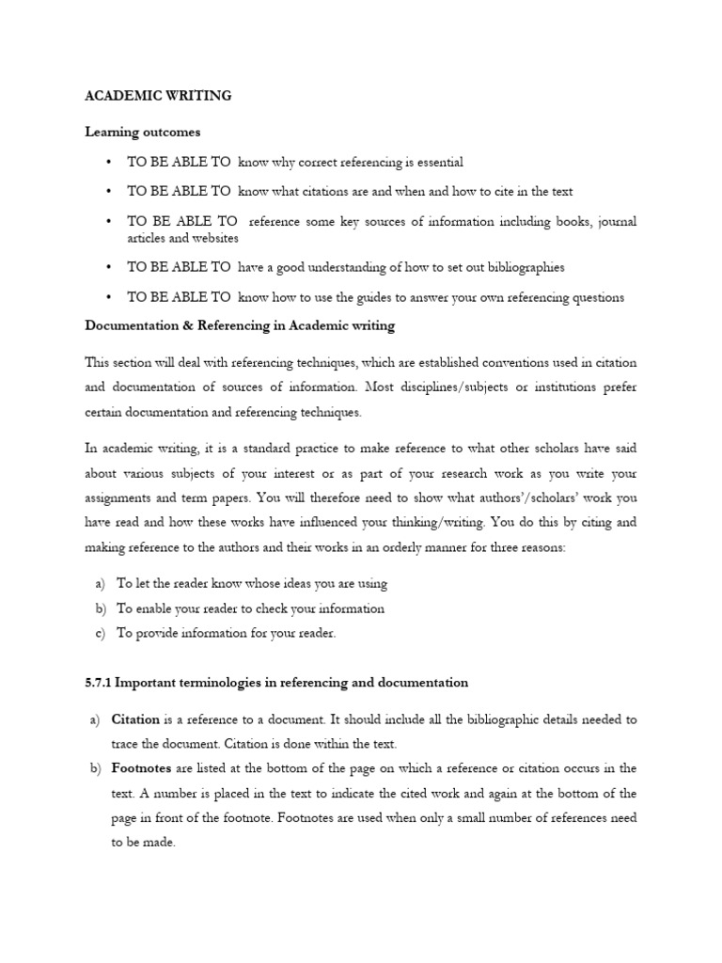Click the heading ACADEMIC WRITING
[x=158, y=96]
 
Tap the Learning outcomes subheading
[x=143, y=133]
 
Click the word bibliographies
[x=520, y=268]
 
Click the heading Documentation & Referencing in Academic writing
[x=240, y=326]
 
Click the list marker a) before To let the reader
[x=101, y=584]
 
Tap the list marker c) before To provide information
[x=100, y=633]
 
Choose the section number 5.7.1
[x=99, y=682]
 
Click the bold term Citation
[x=135, y=719]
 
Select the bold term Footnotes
[x=140, y=768]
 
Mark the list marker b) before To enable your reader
[x=101, y=608]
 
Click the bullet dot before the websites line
[x=110, y=222]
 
